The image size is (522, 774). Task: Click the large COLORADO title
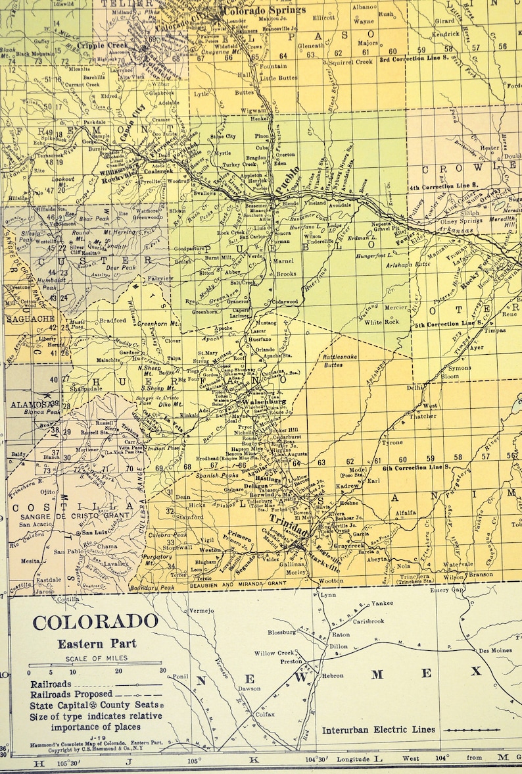click(x=95, y=622)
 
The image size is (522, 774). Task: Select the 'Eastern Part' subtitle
click(x=95, y=644)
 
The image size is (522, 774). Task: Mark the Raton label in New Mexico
click(x=341, y=634)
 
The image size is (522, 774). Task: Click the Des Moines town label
click(x=494, y=650)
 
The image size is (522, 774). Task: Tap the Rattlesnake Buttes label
click(x=341, y=360)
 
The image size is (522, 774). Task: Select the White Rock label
click(x=382, y=322)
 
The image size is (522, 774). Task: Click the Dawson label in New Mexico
click(x=249, y=689)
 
